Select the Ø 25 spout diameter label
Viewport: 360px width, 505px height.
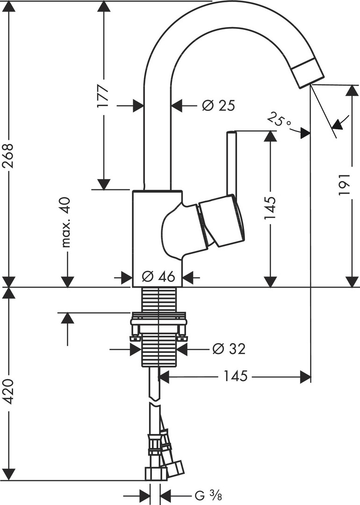click(x=218, y=106)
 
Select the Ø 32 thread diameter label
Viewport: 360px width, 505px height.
click(x=228, y=348)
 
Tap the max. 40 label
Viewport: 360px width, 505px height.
click(x=66, y=222)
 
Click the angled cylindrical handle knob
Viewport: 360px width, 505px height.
click(x=221, y=221)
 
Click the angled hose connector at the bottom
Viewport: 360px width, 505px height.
click(x=173, y=466)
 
